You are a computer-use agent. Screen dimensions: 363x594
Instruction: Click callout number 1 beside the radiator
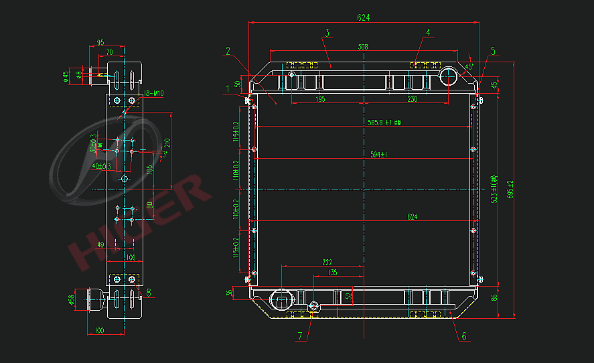click(x=228, y=88)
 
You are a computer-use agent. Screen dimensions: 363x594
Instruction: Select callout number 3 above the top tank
click(x=327, y=33)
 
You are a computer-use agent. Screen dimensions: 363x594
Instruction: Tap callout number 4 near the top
click(x=428, y=32)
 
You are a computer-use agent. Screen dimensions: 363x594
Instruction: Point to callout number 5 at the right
click(x=493, y=51)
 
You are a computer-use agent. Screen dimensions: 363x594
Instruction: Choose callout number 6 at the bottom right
click(x=463, y=336)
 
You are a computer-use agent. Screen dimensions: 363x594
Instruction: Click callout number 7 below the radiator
click(x=301, y=336)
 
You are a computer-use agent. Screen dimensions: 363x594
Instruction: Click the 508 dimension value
click(x=363, y=47)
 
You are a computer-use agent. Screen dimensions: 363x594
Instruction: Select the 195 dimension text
click(x=319, y=99)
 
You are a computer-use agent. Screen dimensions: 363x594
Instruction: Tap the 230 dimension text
click(x=413, y=99)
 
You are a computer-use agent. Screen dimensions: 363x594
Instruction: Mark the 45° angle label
click(x=469, y=67)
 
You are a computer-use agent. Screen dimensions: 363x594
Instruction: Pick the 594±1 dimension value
click(x=380, y=155)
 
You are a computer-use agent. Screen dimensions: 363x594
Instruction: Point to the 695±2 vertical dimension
click(x=511, y=190)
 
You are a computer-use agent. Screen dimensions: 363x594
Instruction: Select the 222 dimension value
click(x=327, y=262)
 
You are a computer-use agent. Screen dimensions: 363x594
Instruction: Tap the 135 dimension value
click(x=333, y=273)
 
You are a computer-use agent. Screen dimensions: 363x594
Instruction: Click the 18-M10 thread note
click(x=154, y=93)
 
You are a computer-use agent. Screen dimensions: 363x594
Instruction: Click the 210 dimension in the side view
click(x=167, y=142)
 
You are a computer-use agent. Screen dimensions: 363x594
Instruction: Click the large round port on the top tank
click(x=449, y=76)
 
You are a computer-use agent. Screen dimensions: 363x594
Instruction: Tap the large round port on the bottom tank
click(x=280, y=298)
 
